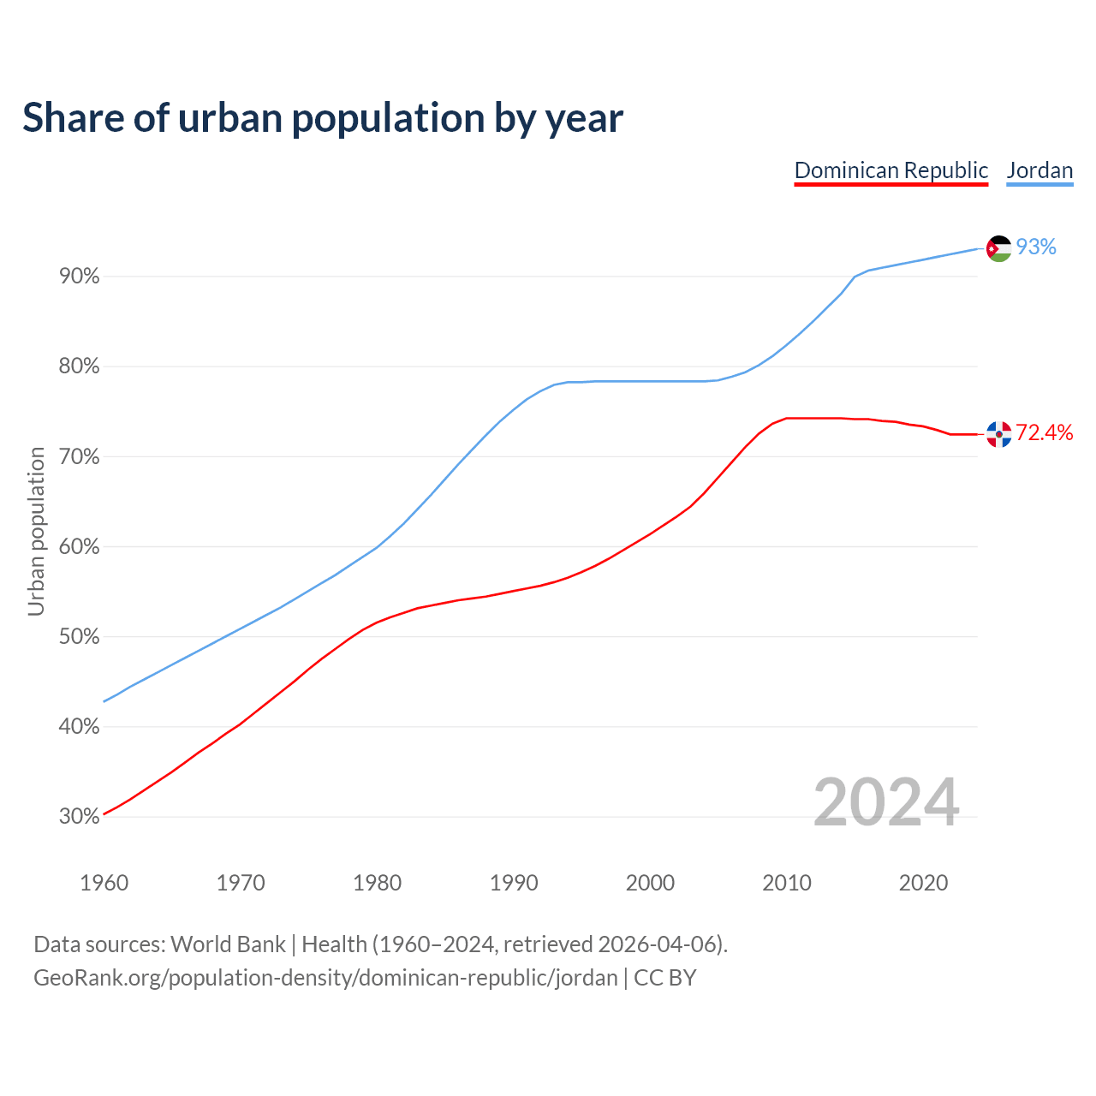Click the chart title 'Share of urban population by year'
323,118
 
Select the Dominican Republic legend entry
891,170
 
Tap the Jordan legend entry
1039,170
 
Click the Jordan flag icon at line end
998,248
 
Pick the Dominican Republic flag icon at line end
998,434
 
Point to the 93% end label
1036,247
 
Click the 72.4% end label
1044,433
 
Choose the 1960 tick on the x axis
104,883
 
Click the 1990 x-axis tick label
514,883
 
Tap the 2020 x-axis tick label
923,883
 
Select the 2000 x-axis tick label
650,883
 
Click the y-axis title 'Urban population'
37,531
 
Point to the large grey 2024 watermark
886,803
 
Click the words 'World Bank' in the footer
228,944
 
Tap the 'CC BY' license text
665,978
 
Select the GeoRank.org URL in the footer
325,978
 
